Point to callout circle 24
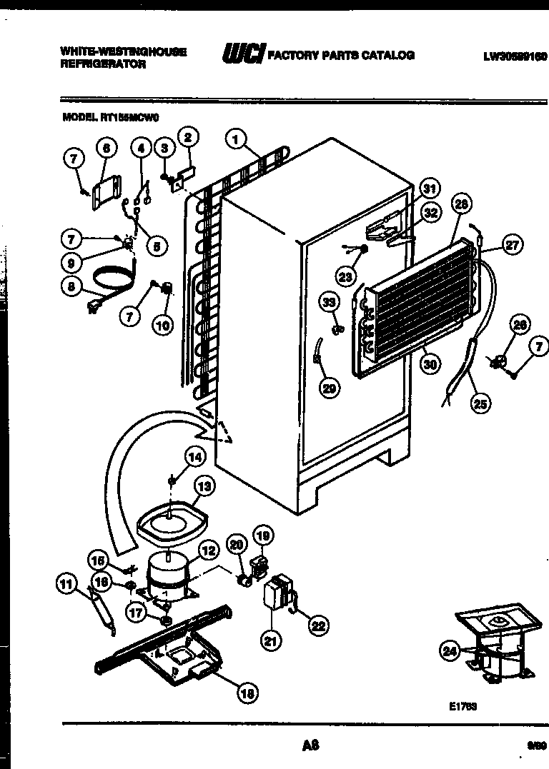coord(450,650)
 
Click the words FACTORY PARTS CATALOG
coord(341,55)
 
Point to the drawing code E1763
coord(463,706)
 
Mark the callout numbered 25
coord(480,403)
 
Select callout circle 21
coord(269,642)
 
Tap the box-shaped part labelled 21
coord(275,593)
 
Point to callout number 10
coord(163,326)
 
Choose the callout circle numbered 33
coord(329,303)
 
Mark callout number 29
coord(330,388)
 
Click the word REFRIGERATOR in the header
coord(103,64)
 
